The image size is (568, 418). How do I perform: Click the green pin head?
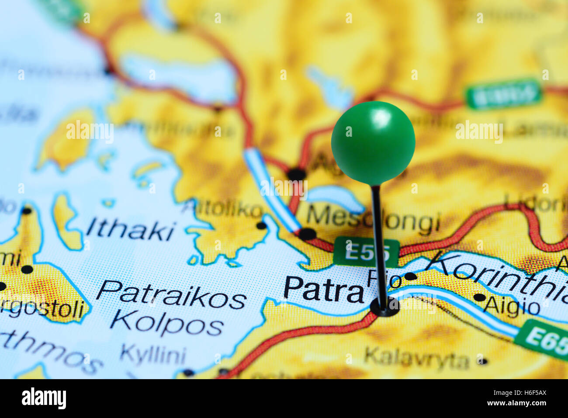point(373,142)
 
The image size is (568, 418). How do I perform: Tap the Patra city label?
point(323,289)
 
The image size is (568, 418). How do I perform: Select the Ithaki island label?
point(131,231)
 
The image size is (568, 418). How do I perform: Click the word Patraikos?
point(171,295)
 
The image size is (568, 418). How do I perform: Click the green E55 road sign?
point(366,252)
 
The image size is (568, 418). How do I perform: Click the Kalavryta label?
point(416,359)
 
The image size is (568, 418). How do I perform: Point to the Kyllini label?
point(152,355)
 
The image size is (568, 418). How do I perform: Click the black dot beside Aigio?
point(479,297)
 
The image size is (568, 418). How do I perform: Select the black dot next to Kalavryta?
point(482,361)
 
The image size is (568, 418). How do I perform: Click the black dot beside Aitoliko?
point(261,225)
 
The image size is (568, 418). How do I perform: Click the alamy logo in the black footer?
point(44,398)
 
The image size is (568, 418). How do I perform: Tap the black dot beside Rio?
point(410,276)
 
